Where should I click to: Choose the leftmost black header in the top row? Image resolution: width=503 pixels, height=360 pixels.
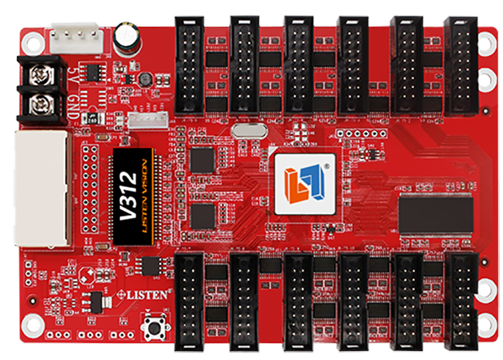[191, 67]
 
